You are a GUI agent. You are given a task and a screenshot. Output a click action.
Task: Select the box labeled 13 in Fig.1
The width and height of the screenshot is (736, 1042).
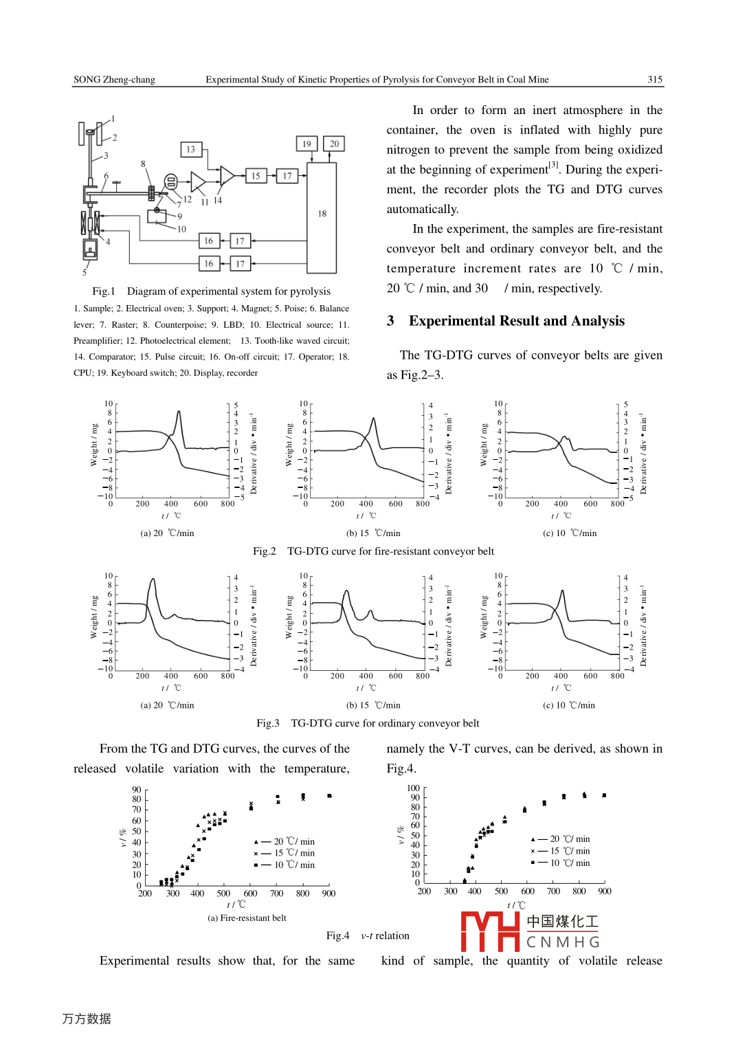[190, 149]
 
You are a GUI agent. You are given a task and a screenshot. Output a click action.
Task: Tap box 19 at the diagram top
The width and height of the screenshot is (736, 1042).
[306, 144]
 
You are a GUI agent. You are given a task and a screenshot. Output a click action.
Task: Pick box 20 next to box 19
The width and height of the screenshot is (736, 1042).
[334, 144]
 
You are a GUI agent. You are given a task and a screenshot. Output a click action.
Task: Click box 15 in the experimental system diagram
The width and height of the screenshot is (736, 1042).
[256, 176]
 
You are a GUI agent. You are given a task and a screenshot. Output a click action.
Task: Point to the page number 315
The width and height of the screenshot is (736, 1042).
[655, 80]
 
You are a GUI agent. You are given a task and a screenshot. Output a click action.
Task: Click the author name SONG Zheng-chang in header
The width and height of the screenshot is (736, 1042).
[114, 80]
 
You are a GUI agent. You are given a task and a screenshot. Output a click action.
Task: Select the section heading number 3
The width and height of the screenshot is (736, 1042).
[390, 321]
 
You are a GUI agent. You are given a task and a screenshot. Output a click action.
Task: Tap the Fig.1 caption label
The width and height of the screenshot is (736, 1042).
[104, 291]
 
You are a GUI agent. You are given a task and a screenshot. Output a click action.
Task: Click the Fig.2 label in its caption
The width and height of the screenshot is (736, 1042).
[264, 551]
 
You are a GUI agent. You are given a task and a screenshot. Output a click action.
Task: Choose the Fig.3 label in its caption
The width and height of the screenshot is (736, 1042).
[267, 723]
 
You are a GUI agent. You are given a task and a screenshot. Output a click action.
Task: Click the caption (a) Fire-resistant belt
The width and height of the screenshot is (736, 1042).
[247, 918]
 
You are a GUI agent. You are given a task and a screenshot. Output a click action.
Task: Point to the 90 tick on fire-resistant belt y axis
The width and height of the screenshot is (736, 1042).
[137, 790]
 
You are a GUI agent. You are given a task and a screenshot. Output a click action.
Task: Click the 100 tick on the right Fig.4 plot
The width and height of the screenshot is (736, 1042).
[413, 788]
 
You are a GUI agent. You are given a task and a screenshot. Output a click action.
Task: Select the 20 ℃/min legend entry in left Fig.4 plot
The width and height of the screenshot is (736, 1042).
[285, 841]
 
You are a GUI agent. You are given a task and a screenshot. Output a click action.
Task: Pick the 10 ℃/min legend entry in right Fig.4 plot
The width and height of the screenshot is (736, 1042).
[561, 863]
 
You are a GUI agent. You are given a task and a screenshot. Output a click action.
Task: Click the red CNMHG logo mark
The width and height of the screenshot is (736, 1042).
[490, 931]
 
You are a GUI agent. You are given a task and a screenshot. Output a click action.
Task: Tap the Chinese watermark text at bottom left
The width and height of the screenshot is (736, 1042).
[87, 1019]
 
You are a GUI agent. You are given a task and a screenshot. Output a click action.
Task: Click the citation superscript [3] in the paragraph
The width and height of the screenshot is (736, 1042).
[553, 165]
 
